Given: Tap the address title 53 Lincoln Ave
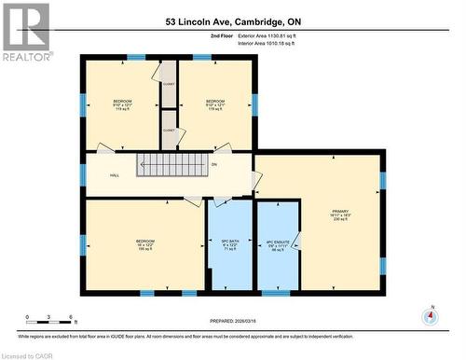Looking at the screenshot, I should tap(233, 21).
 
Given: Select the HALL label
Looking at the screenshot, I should tap(114, 174).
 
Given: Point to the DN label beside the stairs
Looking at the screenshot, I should tap(213, 165).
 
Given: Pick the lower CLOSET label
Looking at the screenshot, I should tap(168, 130).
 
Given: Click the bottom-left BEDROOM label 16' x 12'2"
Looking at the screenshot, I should tap(145, 244).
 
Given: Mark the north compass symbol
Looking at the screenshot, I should tap(429, 315).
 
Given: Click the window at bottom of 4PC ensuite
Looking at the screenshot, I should tap(276, 293).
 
